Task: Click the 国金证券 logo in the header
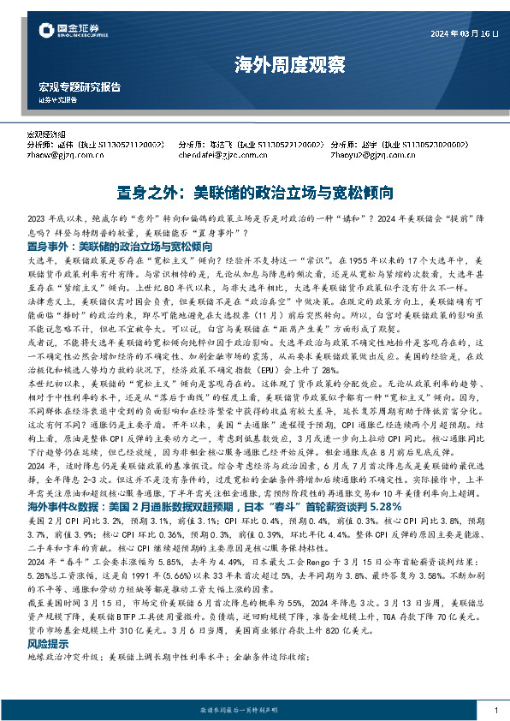(x=71, y=33)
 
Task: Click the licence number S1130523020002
(x=425, y=146)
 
